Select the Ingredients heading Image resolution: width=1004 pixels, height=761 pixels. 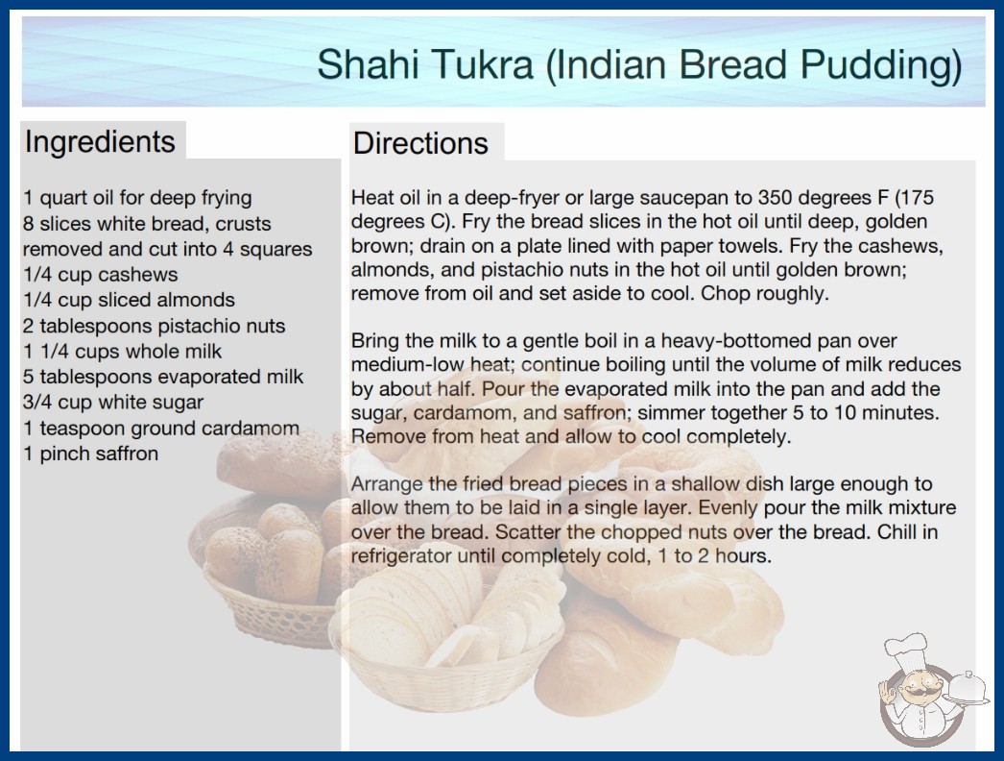pyautogui.click(x=100, y=142)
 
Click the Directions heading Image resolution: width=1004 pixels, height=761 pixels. pyautogui.click(x=420, y=143)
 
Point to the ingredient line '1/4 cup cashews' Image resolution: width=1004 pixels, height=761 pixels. pyautogui.click(x=101, y=275)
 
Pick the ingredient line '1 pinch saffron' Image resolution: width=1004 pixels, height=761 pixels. pyautogui.click(x=91, y=454)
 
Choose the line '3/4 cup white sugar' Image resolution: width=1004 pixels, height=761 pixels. pyautogui.click(x=113, y=403)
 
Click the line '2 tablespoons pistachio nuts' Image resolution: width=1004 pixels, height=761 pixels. pyautogui.click(x=155, y=327)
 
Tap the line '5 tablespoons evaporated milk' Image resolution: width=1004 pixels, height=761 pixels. pyautogui.click(x=163, y=377)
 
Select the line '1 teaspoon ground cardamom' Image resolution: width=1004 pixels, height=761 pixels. pyautogui.click(x=161, y=429)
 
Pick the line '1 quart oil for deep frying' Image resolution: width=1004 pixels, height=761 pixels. pyautogui.click(x=137, y=198)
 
